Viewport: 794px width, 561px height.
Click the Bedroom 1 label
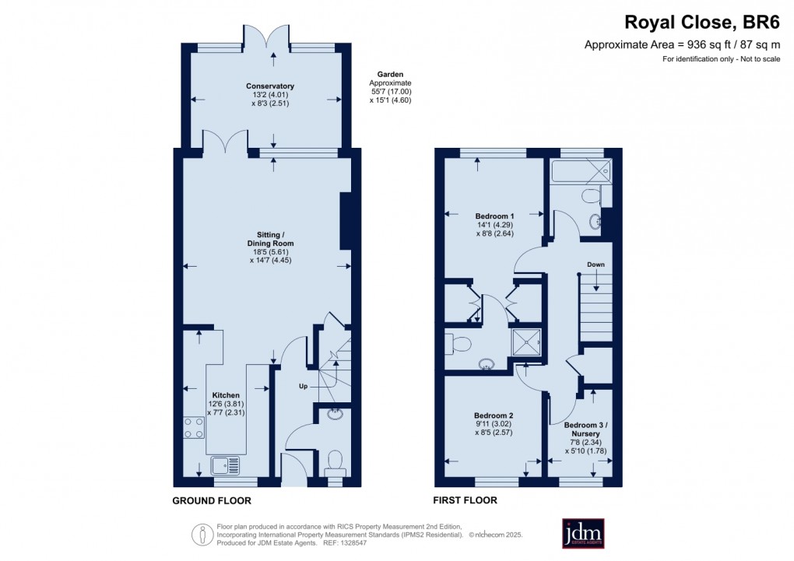point(494,216)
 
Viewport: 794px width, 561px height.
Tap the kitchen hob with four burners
point(194,428)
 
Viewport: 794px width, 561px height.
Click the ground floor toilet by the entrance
point(336,461)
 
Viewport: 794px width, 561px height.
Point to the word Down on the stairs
point(596,265)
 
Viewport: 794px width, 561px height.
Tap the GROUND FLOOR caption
point(212,501)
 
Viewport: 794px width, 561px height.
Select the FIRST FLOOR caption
point(465,500)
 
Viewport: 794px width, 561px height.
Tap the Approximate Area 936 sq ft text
point(681,45)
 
